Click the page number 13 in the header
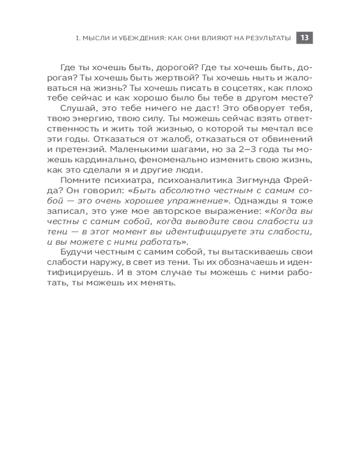coord(304,38)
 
